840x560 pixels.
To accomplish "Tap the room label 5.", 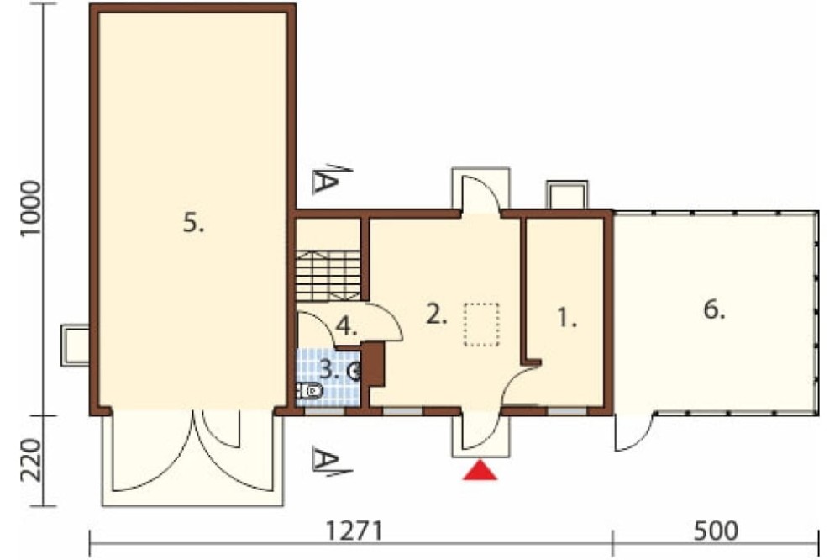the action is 193,222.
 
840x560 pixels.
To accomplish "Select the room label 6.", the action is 714,309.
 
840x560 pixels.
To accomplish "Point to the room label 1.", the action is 567,318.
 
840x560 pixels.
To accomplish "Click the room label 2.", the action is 436,314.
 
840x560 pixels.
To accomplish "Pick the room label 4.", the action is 347,326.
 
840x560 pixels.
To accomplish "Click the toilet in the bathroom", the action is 310,391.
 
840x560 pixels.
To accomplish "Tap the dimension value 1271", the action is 354,531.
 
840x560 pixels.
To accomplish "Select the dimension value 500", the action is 716,531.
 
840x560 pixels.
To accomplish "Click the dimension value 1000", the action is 30,209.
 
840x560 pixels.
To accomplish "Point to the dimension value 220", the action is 30,460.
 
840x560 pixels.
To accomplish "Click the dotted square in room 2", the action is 481,325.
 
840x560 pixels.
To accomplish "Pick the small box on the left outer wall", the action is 75,345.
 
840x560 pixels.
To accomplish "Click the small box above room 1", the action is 567,195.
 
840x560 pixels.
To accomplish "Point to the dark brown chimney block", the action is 374,364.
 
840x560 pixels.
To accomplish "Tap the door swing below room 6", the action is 634,432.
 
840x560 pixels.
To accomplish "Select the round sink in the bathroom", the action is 354,371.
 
